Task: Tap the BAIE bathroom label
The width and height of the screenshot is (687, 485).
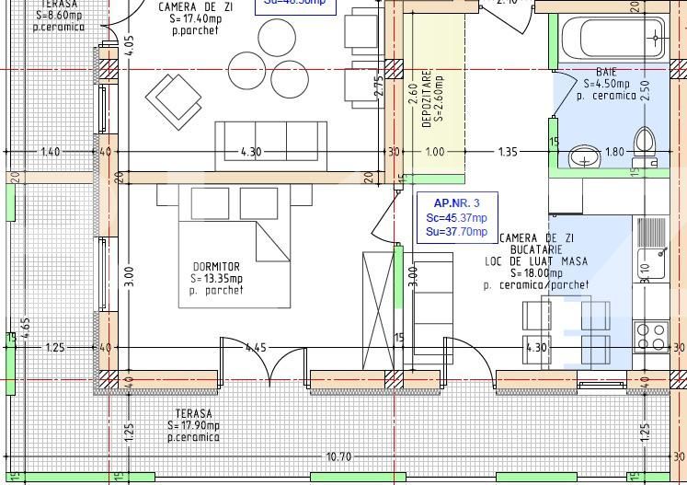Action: click(x=606, y=72)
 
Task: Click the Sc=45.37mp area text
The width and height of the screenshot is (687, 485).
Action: click(x=456, y=217)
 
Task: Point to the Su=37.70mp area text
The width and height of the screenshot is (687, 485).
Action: click(x=456, y=232)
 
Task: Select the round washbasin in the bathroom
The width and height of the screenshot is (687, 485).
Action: click(x=582, y=158)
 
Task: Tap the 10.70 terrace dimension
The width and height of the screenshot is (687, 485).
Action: click(x=339, y=456)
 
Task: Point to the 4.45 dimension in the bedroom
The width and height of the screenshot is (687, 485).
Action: click(x=256, y=348)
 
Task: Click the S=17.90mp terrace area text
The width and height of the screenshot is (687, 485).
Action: click(x=194, y=426)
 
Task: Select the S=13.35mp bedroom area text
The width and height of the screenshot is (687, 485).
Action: click(x=217, y=279)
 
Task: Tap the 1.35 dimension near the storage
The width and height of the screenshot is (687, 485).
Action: click(x=508, y=152)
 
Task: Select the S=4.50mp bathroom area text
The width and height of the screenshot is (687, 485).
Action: click(x=608, y=84)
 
